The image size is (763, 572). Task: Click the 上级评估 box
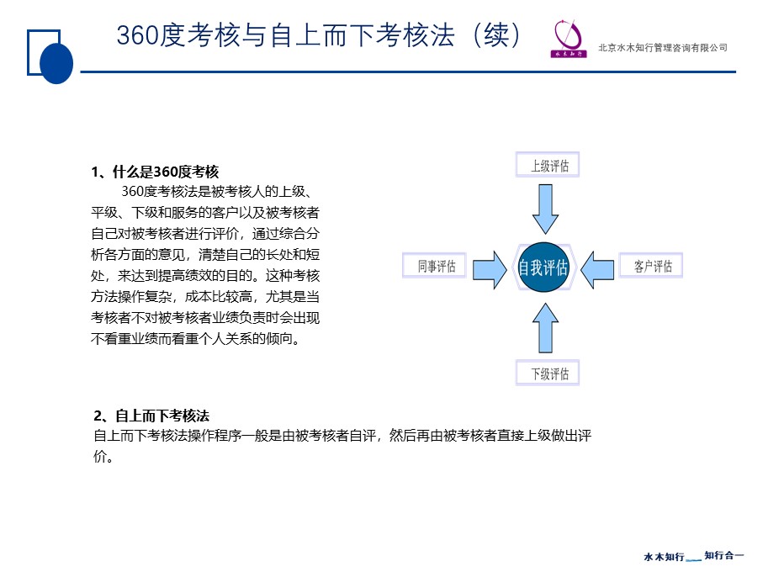[x=548, y=165]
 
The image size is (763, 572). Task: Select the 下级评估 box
[x=548, y=373]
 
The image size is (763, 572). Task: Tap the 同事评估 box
[x=435, y=266]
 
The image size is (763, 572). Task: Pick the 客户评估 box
[x=650, y=266]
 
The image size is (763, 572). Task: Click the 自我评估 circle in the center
[x=543, y=267]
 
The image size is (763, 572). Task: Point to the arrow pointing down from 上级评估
[x=545, y=209]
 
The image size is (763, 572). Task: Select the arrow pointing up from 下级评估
[x=545, y=328]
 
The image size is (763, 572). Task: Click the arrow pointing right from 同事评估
[x=490, y=270]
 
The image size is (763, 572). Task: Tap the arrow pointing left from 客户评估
[x=597, y=270]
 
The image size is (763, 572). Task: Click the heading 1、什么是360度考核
[x=155, y=172]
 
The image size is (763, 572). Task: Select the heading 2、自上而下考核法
[x=151, y=416]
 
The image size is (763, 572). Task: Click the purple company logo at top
[x=568, y=39]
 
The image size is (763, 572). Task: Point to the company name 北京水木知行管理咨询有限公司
[x=663, y=48]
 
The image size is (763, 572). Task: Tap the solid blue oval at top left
[x=56, y=63]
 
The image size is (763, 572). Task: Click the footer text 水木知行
[x=664, y=556]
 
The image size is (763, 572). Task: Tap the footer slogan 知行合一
[x=724, y=555]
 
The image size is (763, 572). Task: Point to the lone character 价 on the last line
[x=100, y=456]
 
